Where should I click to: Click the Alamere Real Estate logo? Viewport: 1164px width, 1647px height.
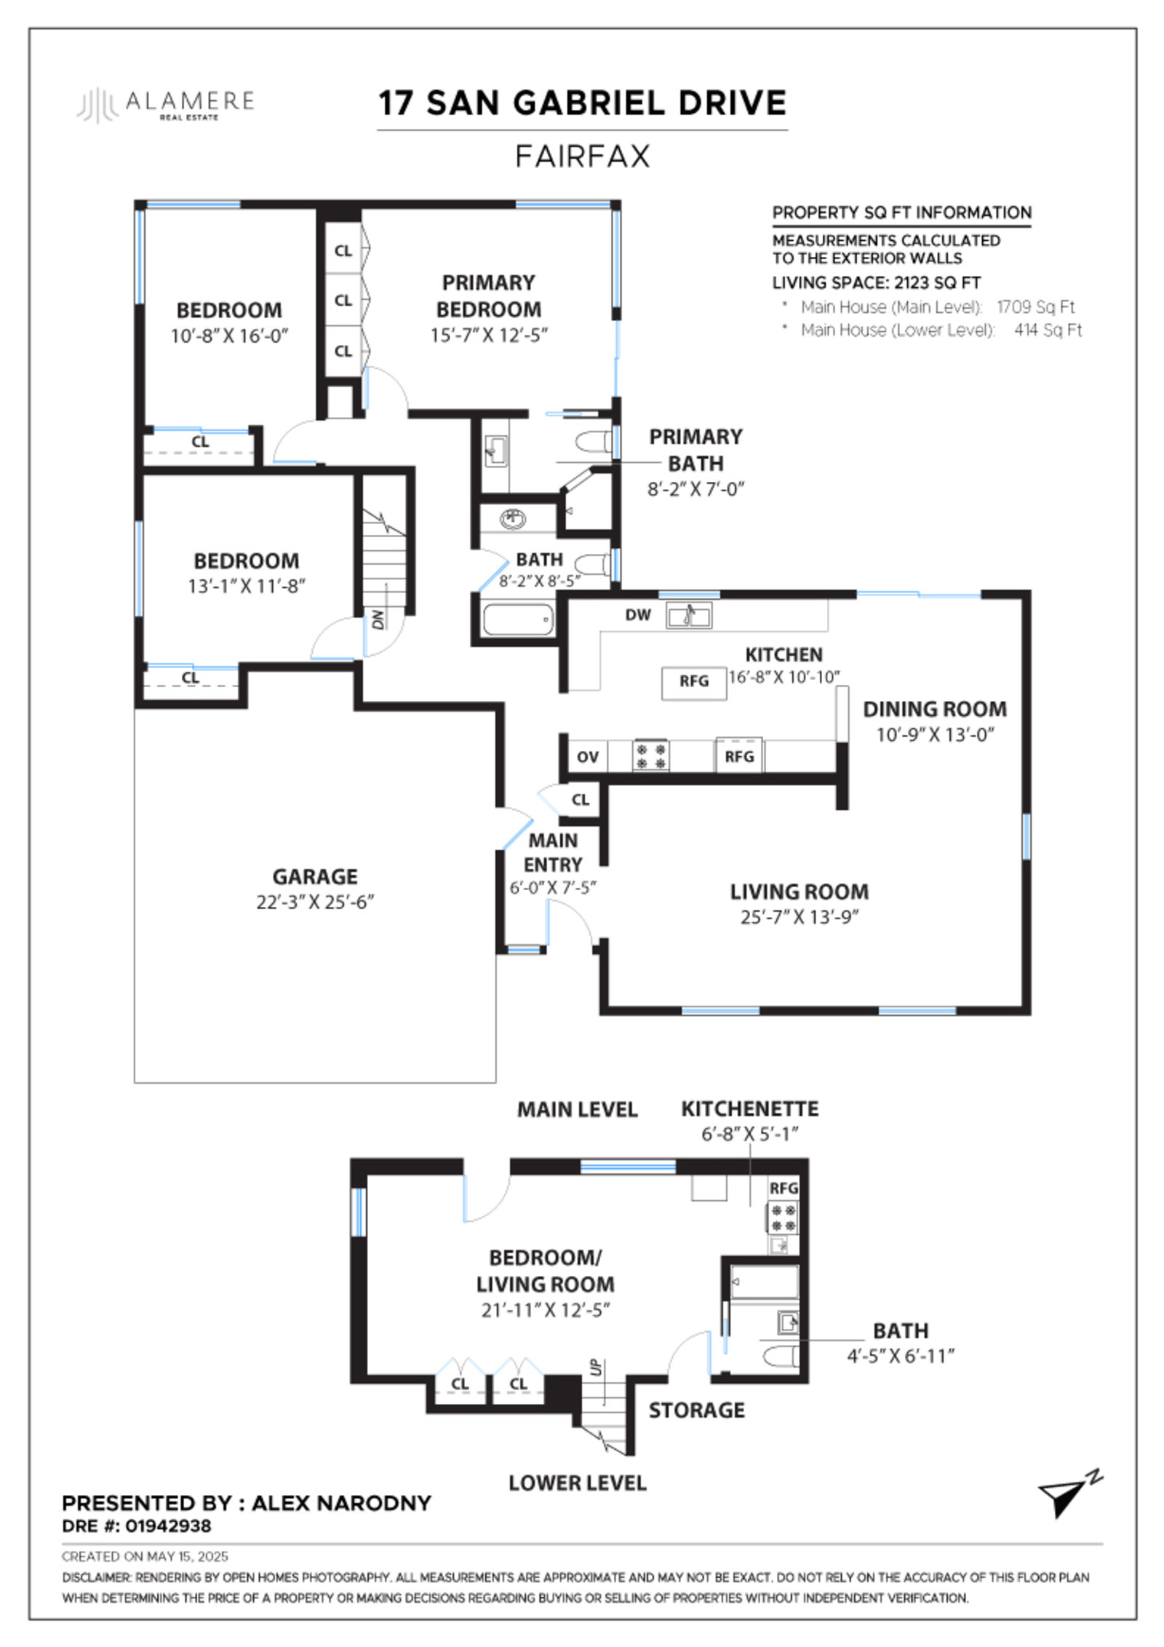pos(166,104)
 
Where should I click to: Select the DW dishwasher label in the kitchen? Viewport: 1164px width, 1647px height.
pos(637,615)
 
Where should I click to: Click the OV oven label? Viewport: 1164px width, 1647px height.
pos(587,757)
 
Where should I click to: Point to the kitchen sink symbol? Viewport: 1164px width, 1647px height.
pos(689,616)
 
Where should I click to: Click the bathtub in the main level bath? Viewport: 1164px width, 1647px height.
pos(517,620)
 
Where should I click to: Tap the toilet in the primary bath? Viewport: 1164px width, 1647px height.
pos(594,442)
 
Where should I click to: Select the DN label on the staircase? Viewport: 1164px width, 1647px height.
pos(377,619)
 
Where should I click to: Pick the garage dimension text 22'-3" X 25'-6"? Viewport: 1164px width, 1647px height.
pos(315,902)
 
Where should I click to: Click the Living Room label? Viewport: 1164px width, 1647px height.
pos(799,892)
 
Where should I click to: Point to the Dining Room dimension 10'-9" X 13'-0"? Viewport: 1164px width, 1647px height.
pos(935,734)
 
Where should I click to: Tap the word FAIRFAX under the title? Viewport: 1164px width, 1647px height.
pos(582,156)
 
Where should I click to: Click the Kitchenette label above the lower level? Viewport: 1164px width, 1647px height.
pos(749,1109)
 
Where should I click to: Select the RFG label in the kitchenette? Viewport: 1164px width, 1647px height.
pos(784,1188)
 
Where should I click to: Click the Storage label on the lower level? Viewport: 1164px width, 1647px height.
pos(696,1410)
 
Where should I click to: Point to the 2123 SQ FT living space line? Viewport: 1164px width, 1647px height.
pos(876,283)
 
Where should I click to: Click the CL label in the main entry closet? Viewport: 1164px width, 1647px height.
pos(580,800)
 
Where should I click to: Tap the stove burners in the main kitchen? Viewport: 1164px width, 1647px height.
pos(650,755)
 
